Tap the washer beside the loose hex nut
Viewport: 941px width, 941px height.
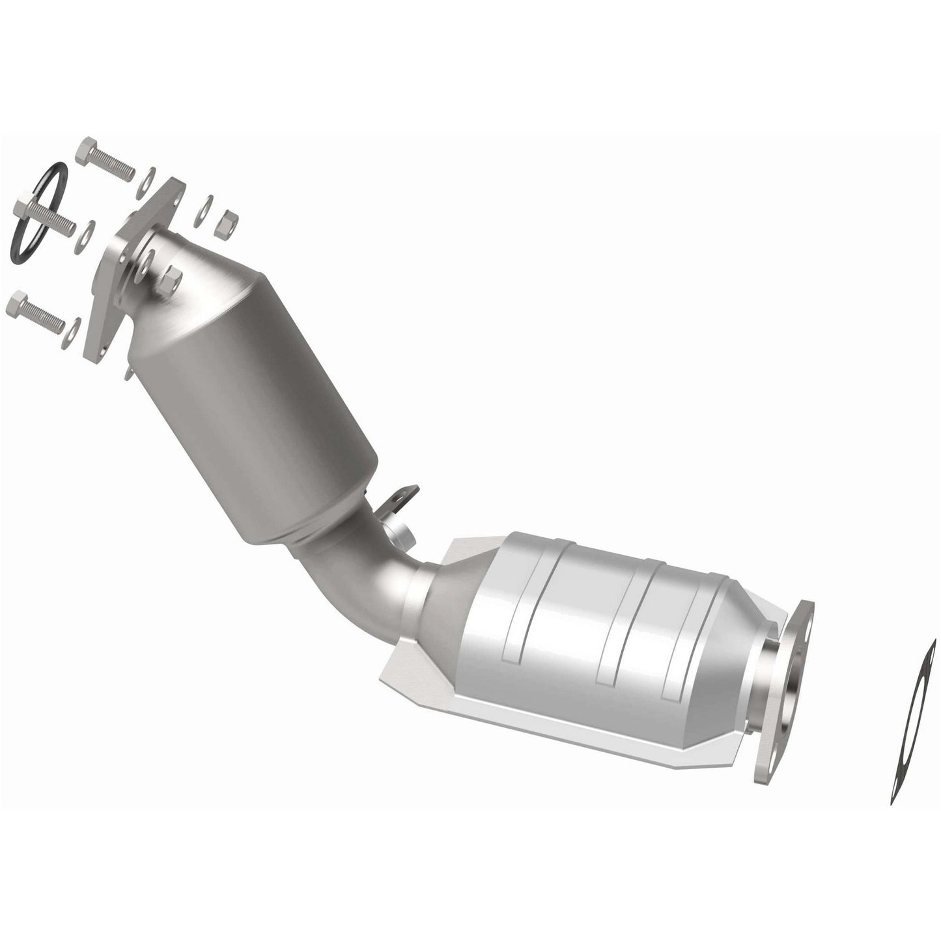(206, 204)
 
